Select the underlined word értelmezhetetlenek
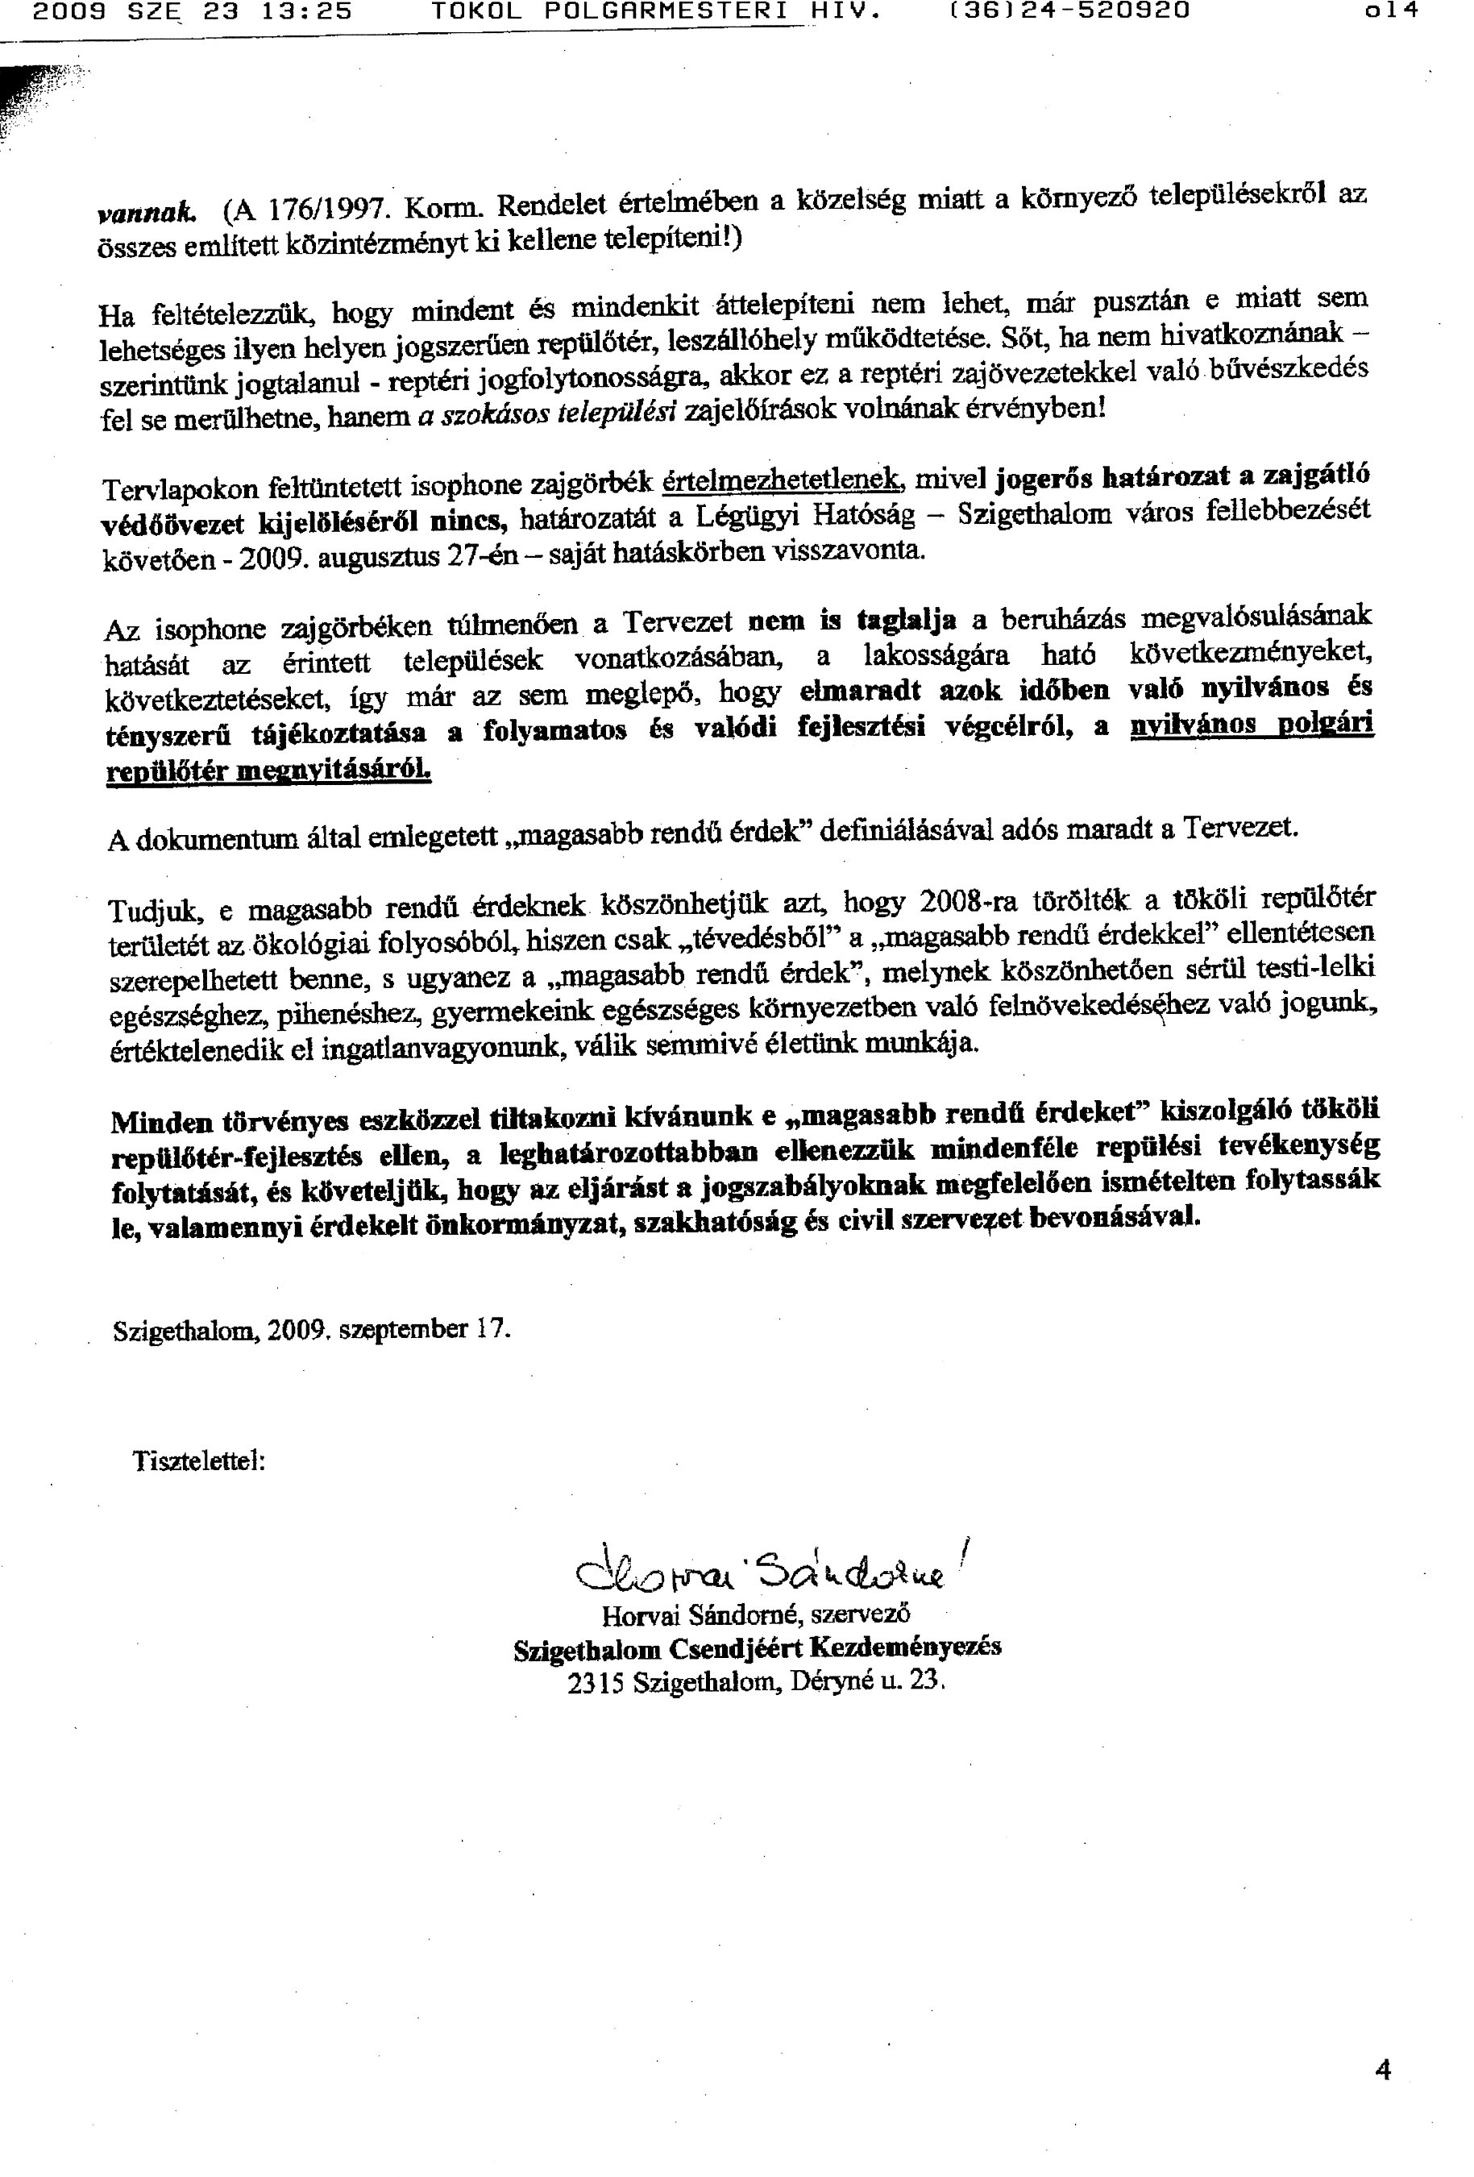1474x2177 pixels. click(782, 480)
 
